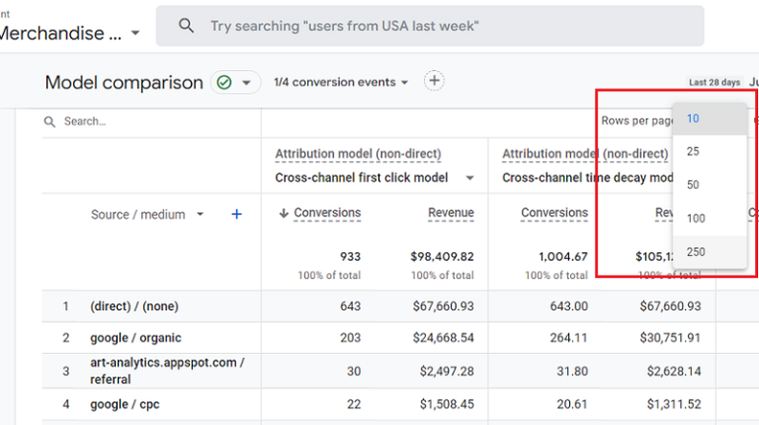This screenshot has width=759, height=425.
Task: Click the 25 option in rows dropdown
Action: [694, 151]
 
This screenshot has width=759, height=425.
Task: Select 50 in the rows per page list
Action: [694, 185]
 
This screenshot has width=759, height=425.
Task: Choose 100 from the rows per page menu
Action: [696, 218]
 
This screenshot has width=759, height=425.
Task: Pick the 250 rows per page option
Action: [696, 252]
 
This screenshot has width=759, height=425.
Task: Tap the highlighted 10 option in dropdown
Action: [694, 119]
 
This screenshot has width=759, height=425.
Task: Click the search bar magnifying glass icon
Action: [186, 27]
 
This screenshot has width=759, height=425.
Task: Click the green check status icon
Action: [224, 83]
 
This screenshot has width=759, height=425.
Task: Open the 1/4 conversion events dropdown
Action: [341, 82]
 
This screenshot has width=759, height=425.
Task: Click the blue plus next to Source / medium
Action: [236, 214]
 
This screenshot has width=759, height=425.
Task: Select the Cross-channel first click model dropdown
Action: [375, 178]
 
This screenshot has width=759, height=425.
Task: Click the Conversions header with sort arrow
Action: [321, 212]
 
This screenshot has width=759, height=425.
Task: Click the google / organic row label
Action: [135, 338]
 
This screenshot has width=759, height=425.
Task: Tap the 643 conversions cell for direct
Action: [349, 306]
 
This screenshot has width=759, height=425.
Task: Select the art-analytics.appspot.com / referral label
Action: [166, 371]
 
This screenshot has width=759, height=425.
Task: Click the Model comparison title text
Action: [124, 83]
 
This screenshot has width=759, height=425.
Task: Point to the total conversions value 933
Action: [349, 257]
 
